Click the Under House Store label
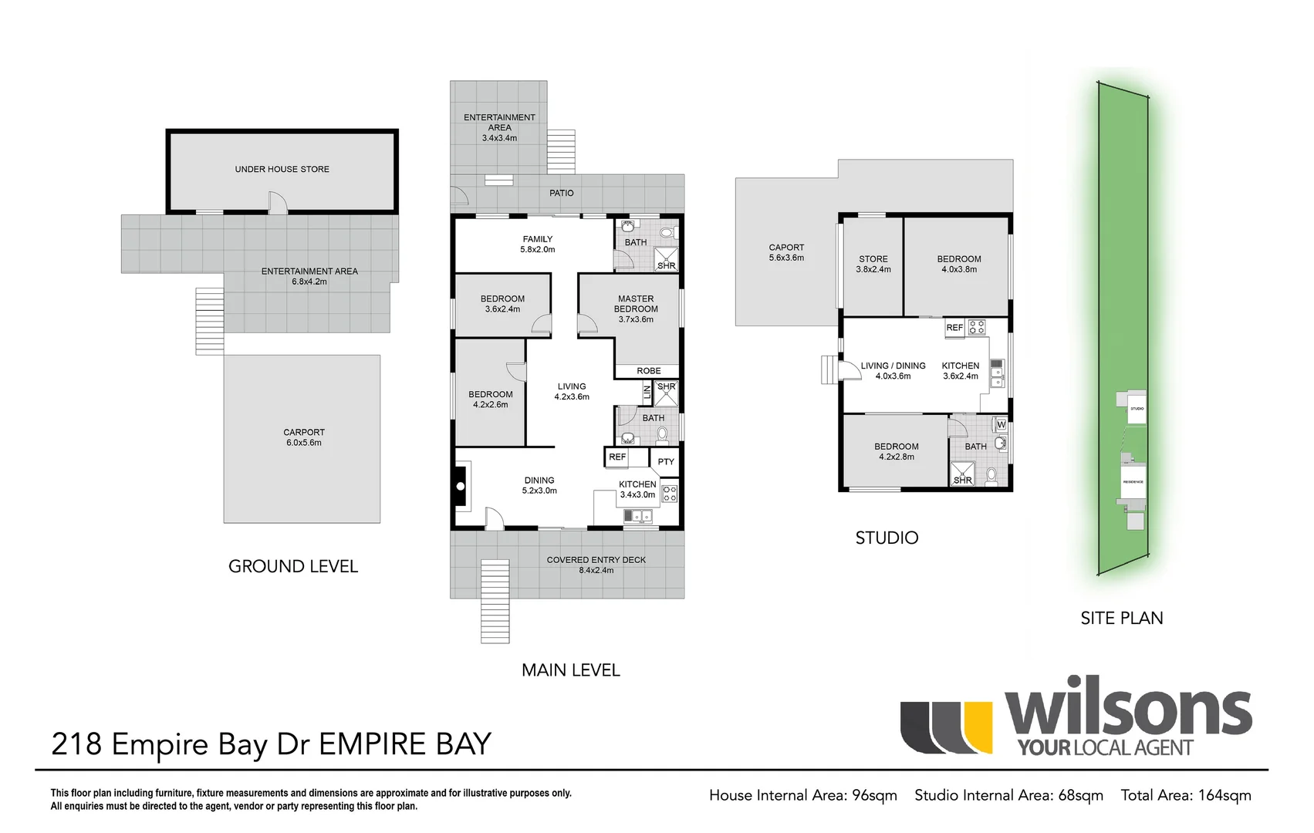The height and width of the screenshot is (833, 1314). point(282,169)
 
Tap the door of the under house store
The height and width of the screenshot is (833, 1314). point(277,204)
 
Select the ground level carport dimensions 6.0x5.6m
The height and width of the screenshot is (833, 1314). point(304,443)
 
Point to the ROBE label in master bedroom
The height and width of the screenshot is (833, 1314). point(648,371)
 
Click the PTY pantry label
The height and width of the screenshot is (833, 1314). point(666,462)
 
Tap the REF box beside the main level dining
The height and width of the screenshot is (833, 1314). point(617,457)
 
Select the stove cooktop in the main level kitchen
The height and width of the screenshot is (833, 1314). point(670,494)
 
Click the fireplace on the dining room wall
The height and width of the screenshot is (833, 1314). point(461,487)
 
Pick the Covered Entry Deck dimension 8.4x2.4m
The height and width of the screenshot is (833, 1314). point(596,571)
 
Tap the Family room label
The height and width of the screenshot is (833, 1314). point(537,239)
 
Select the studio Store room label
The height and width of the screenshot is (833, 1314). point(873,259)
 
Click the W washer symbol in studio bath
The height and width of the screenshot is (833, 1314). point(1001,425)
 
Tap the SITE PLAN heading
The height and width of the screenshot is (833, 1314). point(1121,618)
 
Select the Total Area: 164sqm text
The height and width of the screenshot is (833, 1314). point(1185,795)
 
